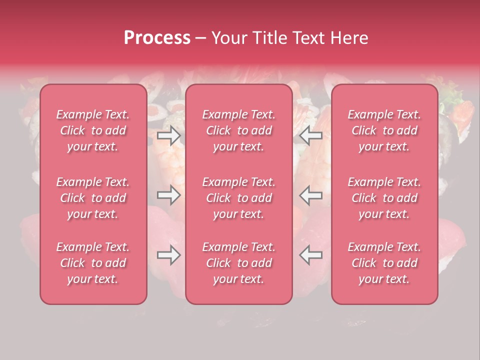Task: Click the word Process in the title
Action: [157, 37]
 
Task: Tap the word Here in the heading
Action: [349, 37]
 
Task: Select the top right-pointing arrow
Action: [169, 135]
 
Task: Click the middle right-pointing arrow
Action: [169, 194]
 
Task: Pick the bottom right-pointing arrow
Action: [169, 255]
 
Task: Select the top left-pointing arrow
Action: [311, 135]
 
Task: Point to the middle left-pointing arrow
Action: [311, 194]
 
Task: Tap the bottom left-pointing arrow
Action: [311, 255]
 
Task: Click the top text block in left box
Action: [93, 130]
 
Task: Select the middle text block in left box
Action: [93, 198]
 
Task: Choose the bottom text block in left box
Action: [93, 263]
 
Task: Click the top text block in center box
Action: [239, 130]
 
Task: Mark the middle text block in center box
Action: [239, 198]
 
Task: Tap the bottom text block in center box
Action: [239, 263]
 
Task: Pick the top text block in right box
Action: [384, 130]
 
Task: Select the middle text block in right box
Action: [384, 198]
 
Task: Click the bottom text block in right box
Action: [384, 263]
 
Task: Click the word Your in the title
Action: [228, 37]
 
